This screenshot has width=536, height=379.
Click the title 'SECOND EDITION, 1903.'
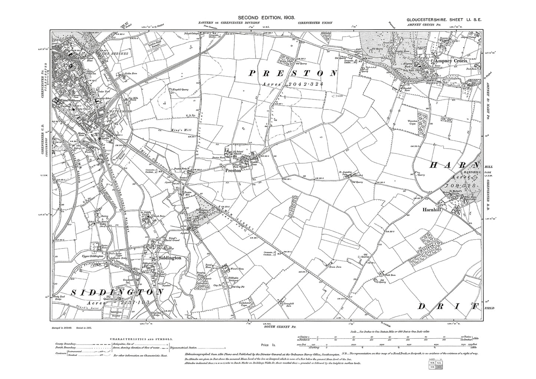266,17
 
